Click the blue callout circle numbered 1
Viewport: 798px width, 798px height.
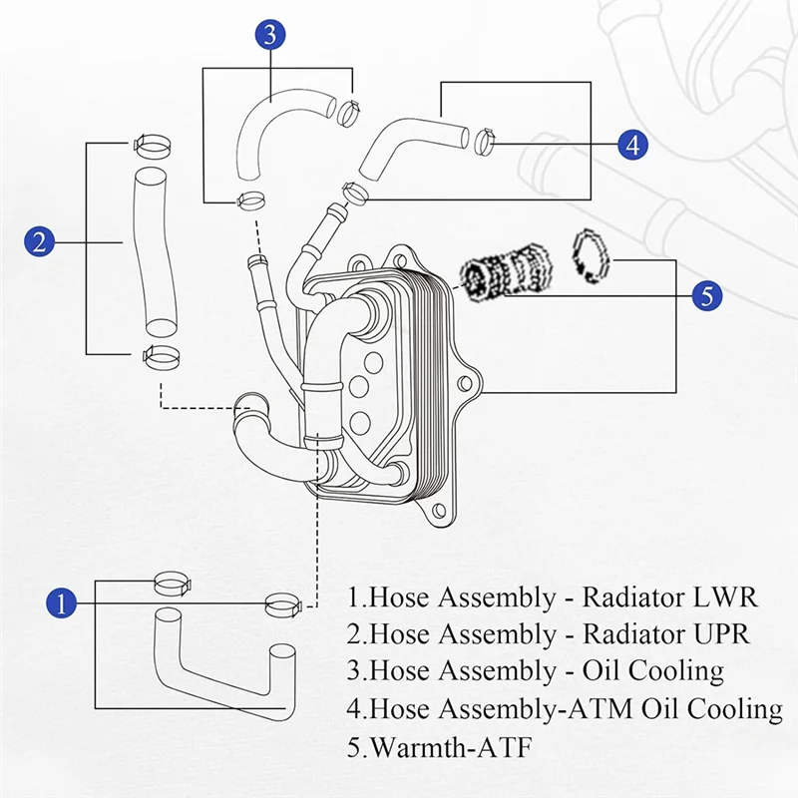(62, 603)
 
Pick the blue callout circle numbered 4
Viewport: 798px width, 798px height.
(631, 144)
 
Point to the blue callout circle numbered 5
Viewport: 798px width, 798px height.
(707, 295)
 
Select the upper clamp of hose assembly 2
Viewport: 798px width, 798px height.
(151, 146)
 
